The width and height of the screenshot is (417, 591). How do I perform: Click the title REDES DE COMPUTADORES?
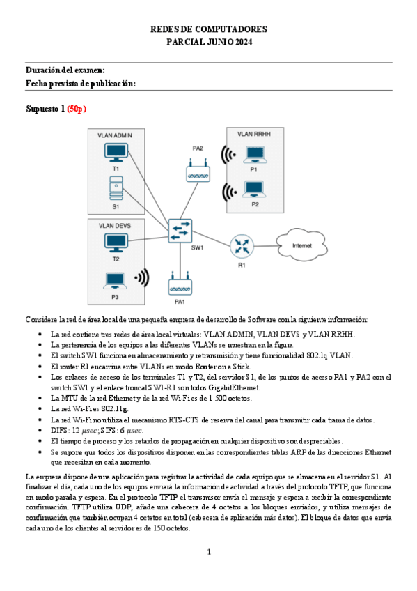[208, 30]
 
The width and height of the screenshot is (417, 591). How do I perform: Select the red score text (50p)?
[77, 109]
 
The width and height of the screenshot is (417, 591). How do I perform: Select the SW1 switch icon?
[180, 231]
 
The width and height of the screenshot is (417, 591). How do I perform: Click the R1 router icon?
[242, 246]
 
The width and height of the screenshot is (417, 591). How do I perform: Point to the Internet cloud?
[301, 245]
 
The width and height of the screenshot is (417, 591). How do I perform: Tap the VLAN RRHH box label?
[255, 133]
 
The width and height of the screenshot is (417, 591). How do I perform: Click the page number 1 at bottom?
[208, 552]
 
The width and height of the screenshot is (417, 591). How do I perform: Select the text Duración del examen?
[65, 70]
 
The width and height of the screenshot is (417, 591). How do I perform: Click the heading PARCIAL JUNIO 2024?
[208, 43]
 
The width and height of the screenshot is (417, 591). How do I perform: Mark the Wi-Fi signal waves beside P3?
[142, 279]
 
